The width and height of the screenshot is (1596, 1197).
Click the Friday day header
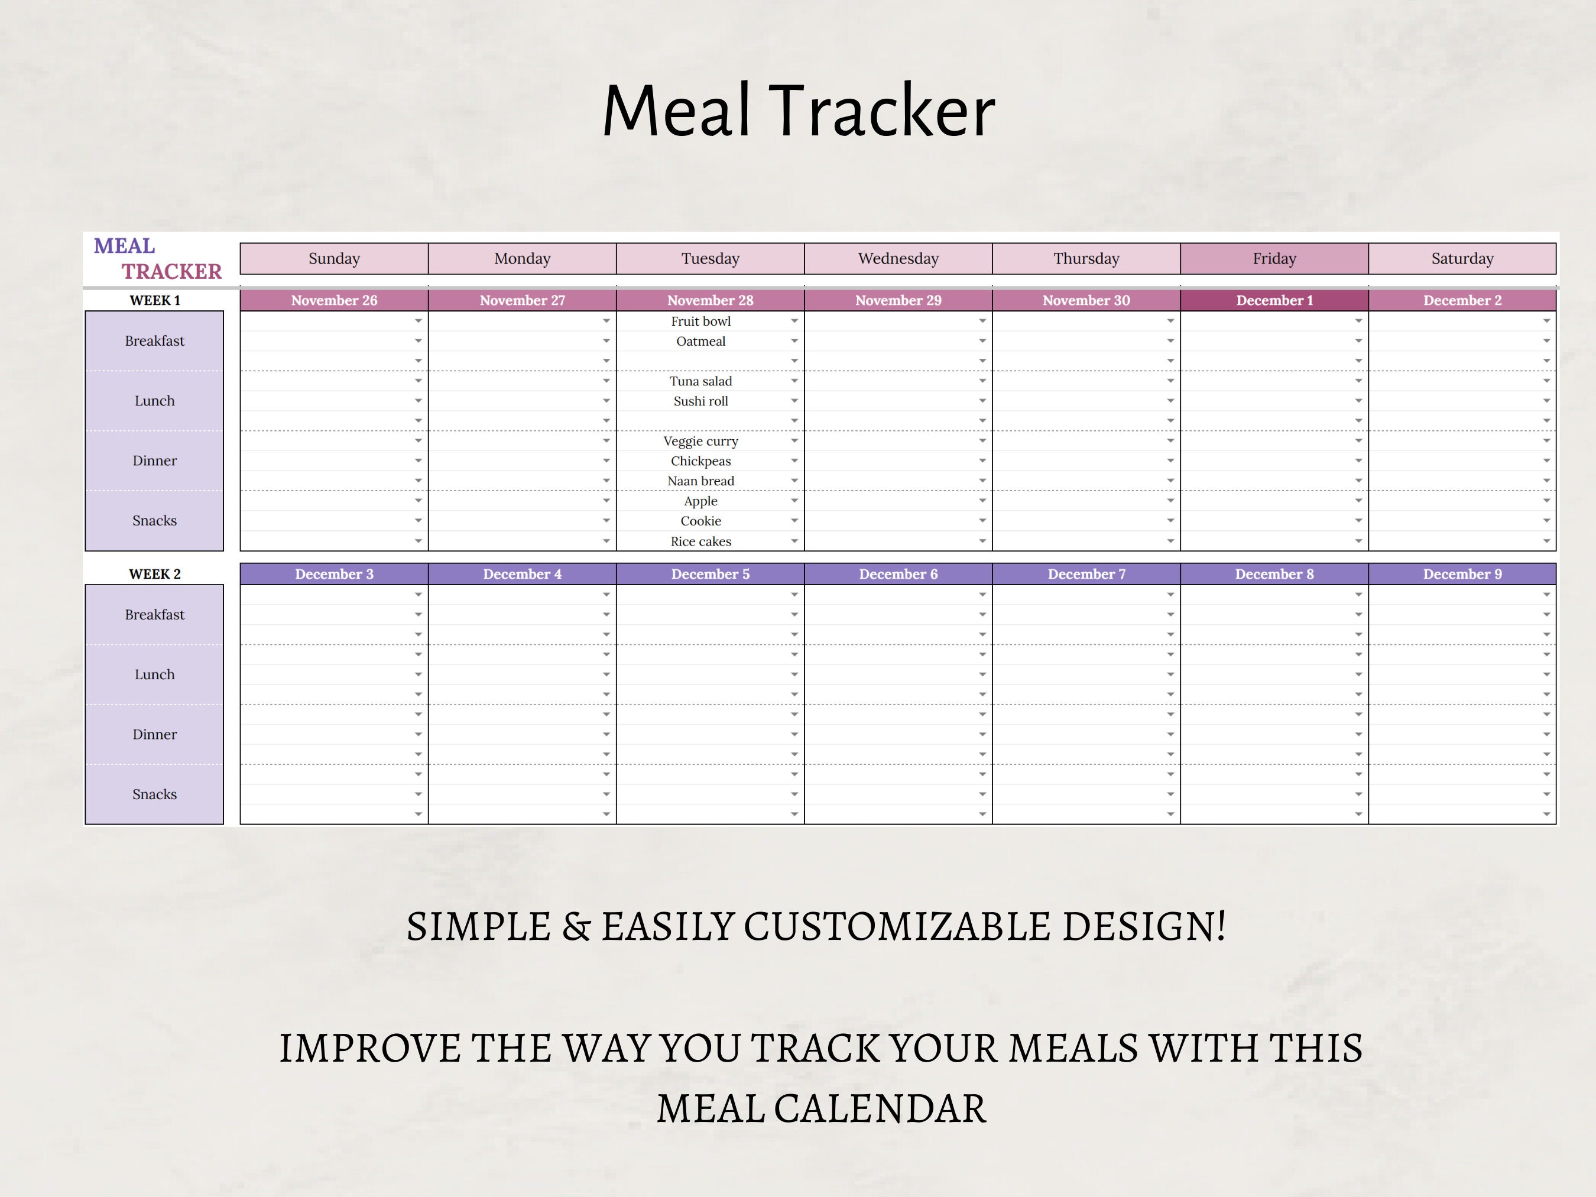point(1274,258)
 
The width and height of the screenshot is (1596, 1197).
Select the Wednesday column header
point(898,258)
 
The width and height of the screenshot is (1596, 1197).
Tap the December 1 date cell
point(1274,300)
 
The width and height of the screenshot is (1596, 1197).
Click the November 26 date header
point(334,300)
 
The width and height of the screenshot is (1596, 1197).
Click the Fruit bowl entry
point(700,321)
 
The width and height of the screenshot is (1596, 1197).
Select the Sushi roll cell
point(700,401)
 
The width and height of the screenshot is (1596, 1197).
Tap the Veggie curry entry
point(700,441)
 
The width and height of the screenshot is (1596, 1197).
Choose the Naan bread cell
point(700,481)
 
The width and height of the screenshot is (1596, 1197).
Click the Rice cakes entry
point(700,541)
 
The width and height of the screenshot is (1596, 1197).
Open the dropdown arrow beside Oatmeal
point(794,340)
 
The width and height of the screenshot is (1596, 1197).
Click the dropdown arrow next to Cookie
point(794,520)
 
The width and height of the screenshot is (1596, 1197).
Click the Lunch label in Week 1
point(154,400)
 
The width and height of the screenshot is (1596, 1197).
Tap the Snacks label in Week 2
point(154,794)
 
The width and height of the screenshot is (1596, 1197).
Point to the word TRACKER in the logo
point(172,271)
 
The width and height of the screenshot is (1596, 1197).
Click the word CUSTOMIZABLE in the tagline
point(897,926)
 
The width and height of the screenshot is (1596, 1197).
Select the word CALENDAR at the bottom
point(880,1109)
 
